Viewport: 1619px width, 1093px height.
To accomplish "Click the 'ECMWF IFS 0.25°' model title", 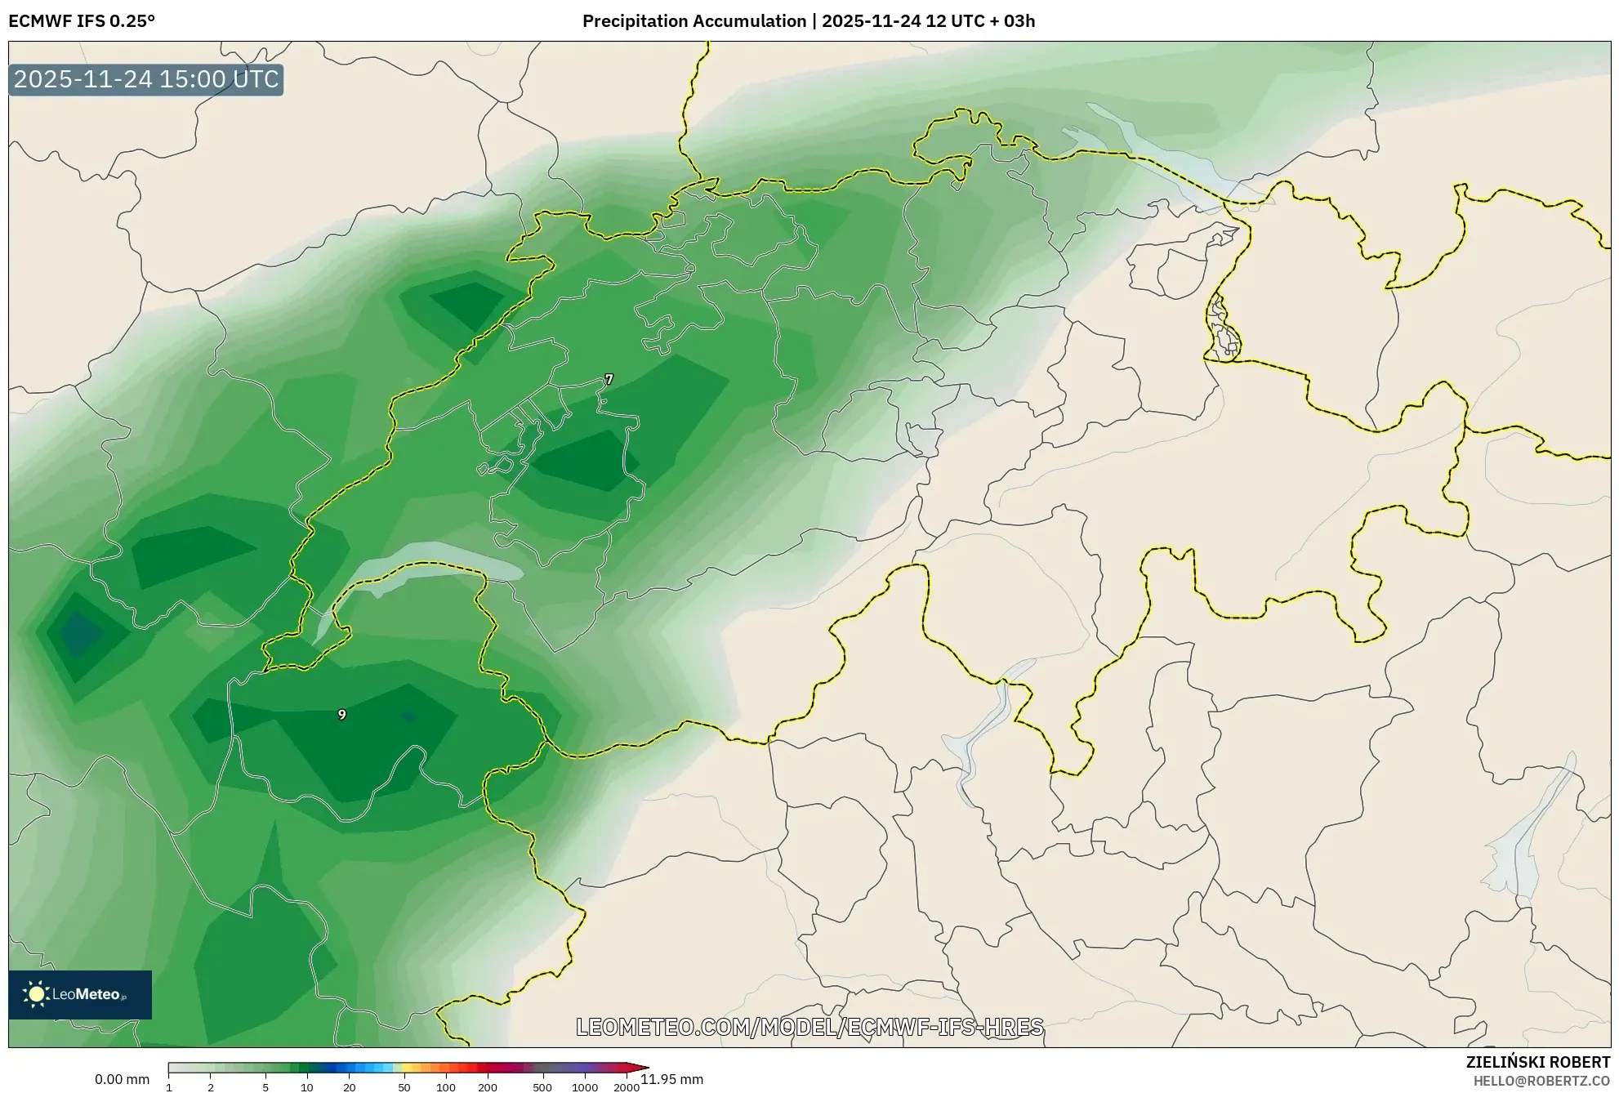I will [x=82, y=21].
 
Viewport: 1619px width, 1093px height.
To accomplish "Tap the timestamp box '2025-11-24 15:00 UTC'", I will [x=146, y=79].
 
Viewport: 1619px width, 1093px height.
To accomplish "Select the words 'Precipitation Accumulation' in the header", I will [x=694, y=21].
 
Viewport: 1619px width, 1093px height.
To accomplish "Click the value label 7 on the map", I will [x=609, y=379].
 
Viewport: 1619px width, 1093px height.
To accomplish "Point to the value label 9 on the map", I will [x=341, y=715].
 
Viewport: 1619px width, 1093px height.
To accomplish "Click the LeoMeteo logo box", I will [x=80, y=994].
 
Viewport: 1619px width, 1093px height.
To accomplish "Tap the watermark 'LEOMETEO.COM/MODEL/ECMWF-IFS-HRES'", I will [x=809, y=1027].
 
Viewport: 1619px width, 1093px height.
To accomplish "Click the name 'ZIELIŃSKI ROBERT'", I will [x=1537, y=1062].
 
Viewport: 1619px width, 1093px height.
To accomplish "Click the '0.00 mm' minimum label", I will [x=122, y=1079].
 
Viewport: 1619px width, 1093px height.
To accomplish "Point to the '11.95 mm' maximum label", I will [x=671, y=1079].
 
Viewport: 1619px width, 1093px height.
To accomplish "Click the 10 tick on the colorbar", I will [x=307, y=1086].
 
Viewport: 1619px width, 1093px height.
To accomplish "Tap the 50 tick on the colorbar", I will [x=404, y=1086].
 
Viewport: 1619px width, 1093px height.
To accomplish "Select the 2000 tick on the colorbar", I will [x=627, y=1086].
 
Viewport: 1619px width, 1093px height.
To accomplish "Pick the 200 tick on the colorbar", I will [x=488, y=1086].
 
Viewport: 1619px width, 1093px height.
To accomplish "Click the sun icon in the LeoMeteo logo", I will [x=36, y=994].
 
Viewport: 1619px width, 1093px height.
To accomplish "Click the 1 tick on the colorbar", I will [x=169, y=1086].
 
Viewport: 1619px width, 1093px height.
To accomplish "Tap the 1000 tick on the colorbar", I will [x=585, y=1086].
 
